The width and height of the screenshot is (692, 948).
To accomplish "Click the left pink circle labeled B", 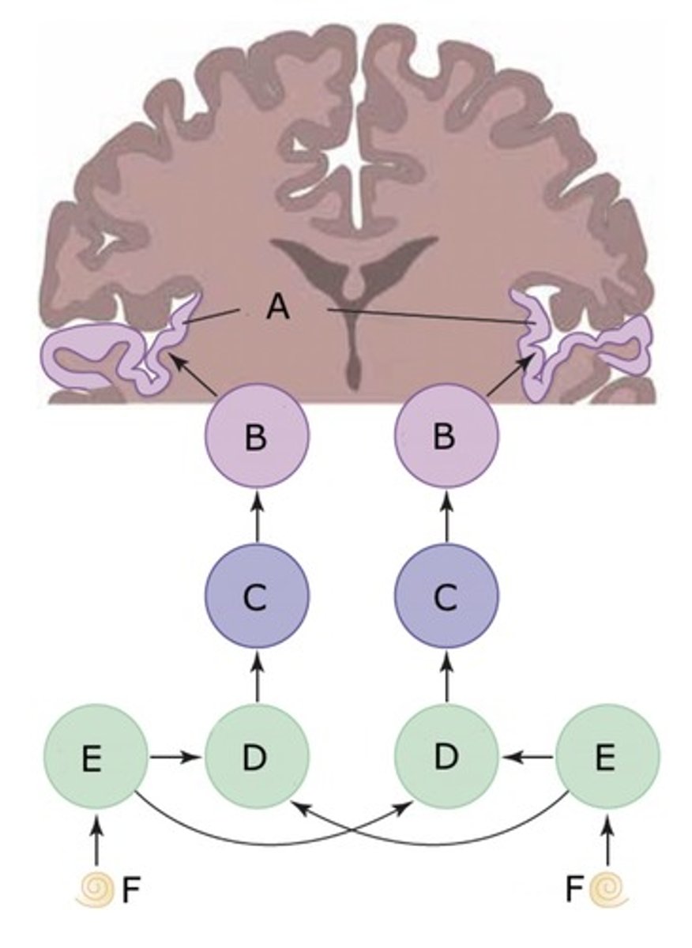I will tap(257, 436).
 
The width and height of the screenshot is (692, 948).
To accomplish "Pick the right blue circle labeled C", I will tap(446, 598).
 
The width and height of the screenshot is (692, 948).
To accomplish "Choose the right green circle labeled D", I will tap(446, 757).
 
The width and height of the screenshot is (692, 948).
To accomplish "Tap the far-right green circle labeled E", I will tap(607, 757).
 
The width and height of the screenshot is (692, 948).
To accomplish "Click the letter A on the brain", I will tap(277, 307).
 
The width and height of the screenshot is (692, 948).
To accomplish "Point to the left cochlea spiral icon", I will tap(96, 891).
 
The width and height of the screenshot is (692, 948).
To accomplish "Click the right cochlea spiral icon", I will tap(607, 891).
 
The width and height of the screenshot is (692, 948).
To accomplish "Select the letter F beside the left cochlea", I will tap(130, 891).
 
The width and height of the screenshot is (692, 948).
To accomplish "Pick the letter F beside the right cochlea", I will tap(574, 891).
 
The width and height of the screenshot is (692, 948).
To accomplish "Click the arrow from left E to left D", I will tap(175, 757).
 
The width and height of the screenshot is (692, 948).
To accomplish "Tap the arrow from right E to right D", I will tap(528, 757).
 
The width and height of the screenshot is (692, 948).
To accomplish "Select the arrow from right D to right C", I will tap(446, 679).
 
